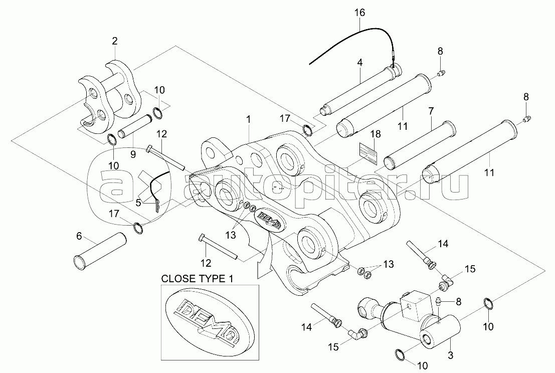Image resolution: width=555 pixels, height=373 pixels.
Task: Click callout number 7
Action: [430, 110]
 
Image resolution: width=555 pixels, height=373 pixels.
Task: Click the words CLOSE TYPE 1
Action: [197, 278]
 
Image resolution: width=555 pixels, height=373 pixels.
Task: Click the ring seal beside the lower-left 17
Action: [139, 229]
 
